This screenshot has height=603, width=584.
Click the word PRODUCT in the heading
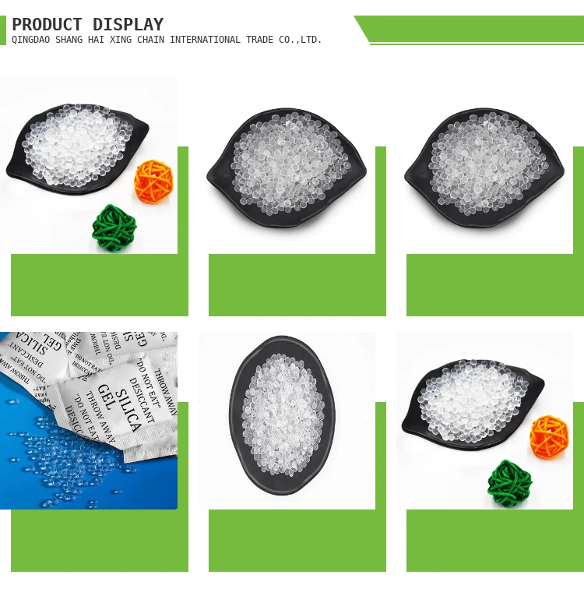(47, 25)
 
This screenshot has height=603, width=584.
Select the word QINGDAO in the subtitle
(31, 40)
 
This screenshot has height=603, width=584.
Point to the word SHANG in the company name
(71, 40)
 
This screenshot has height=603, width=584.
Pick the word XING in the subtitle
(125, 40)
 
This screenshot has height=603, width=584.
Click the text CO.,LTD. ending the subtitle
(301, 40)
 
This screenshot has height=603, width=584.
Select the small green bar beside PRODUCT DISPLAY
(3, 30)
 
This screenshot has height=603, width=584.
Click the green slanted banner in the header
(475, 29)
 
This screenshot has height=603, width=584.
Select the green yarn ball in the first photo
(114, 227)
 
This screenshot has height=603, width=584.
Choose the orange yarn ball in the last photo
(550, 436)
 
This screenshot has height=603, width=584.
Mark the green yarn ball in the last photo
(510, 483)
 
